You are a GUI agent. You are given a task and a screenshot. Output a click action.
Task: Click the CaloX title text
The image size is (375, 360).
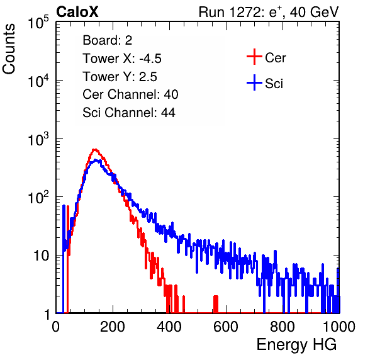(x=77, y=12)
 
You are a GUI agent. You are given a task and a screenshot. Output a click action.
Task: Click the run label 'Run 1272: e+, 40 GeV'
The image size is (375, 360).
(x=269, y=12)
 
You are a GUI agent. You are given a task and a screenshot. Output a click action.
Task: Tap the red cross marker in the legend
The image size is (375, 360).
(x=254, y=57)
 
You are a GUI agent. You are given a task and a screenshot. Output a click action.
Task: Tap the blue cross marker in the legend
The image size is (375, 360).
(x=254, y=82)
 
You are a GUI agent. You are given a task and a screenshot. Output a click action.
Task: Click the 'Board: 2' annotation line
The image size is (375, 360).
(x=108, y=40)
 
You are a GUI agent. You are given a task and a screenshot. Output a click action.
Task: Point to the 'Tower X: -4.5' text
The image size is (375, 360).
(x=122, y=59)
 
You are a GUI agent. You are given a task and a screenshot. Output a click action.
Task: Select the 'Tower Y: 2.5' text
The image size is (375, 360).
(x=120, y=77)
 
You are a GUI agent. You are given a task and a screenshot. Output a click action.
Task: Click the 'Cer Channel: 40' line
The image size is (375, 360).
(x=130, y=94)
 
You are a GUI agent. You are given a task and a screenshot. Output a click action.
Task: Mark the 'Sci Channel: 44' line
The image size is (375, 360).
(x=129, y=113)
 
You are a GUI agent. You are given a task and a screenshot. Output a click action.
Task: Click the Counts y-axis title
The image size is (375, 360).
(x=9, y=49)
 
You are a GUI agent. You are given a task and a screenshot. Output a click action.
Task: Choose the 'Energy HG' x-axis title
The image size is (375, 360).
(x=296, y=345)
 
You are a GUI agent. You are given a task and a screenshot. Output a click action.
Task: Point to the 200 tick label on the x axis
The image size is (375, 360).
(x=113, y=327)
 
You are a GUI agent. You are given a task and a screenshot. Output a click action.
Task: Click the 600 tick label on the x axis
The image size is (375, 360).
(x=226, y=327)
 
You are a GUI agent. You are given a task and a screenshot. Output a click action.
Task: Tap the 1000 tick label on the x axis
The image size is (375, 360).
(x=339, y=327)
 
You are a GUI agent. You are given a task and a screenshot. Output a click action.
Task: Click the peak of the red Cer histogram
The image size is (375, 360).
(x=95, y=150)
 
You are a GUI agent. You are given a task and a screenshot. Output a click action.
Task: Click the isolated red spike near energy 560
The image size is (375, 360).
(x=216, y=304)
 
